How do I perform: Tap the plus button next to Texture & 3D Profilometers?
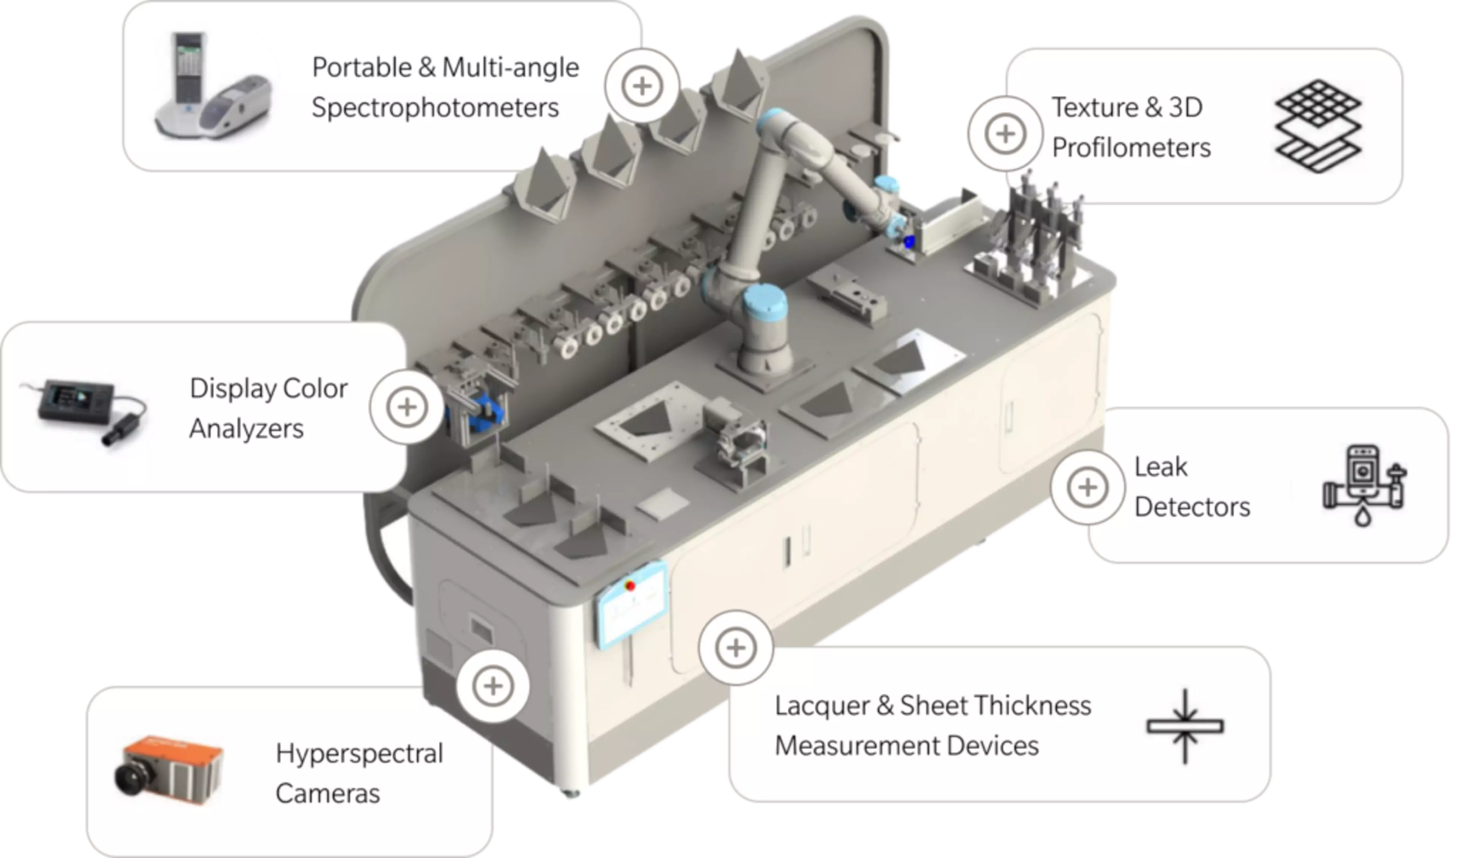pos(1005,134)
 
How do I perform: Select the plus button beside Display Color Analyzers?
pos(407,407)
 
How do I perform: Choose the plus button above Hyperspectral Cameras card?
pos(492,686)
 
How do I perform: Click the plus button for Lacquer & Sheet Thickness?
pos(735,647)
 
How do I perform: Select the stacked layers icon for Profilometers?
pos(1318,126)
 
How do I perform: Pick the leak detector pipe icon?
pos(1364,485)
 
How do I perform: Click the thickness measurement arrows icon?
pos(1185,726)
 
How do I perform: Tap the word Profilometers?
pos(1131,148)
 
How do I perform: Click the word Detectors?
pos(1192,507)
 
